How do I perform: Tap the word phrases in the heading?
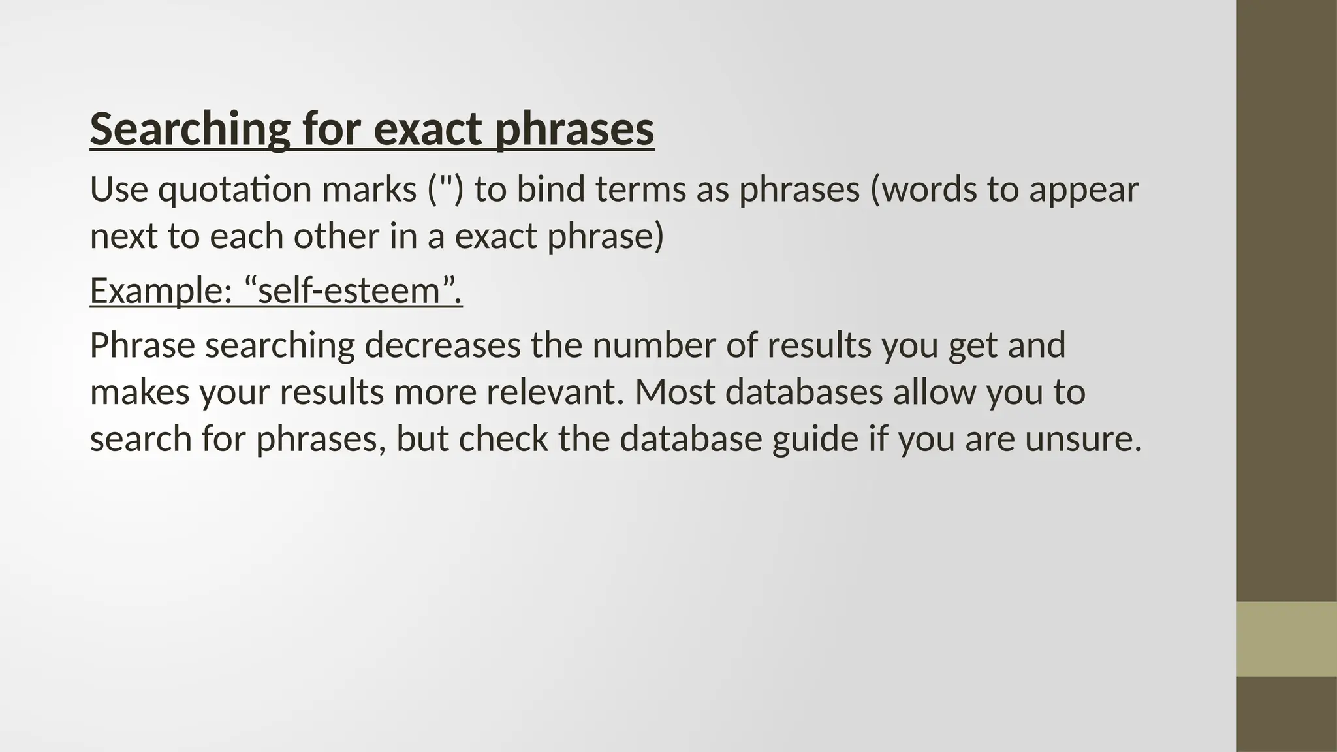tap(574, 129)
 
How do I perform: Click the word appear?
tap(1084, 190)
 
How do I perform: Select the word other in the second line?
tap(336, 236)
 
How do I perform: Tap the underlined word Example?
tap(161, 290)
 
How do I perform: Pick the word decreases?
tap(442, 345)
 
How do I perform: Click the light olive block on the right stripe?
tap(1286, 639)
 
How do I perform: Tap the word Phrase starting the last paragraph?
tap(142, 345)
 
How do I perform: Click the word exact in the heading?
tap(428, 129)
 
